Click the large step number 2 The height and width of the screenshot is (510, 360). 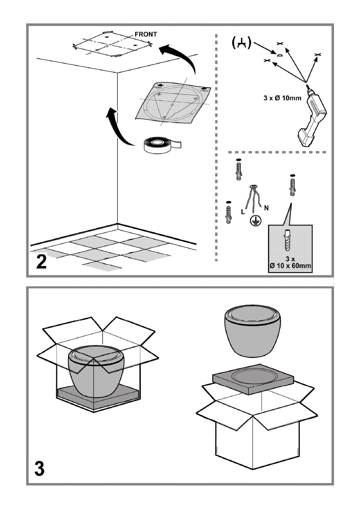click(41, 262)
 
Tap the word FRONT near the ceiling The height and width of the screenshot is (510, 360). click(146, 34)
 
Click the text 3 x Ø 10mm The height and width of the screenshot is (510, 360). click(282, 98)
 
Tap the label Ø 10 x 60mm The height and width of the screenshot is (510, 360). click(290, 266)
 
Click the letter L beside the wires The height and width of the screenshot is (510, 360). click(243, 212)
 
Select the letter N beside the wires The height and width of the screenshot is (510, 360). click(266, 208)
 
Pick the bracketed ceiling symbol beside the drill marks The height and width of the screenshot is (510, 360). click(241, 43)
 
